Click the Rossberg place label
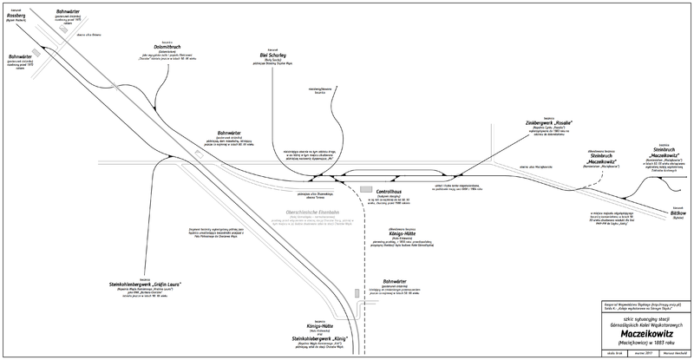[x=23, y=16]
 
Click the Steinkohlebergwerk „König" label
[x=319, y=337]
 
